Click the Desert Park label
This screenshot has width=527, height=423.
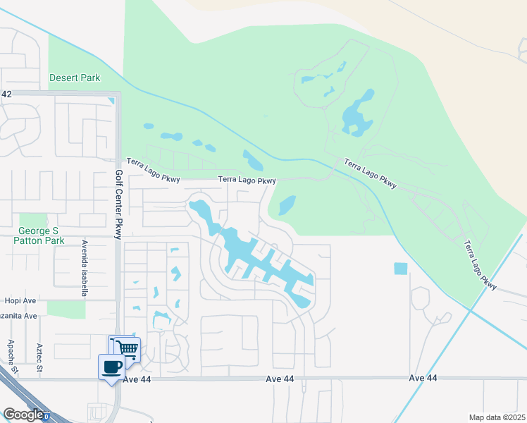(x=75, y=78)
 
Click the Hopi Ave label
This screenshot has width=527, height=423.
(x=20, y=300)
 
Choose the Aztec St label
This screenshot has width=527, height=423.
(x=39, y=357)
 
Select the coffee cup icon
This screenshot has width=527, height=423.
(x=112, y=367)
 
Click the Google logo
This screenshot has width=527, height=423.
(x=23, y=415)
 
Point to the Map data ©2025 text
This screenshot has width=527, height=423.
(x=497, y=417)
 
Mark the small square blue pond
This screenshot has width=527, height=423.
(x=400, y=269)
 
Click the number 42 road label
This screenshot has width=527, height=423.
(x=7, y=94)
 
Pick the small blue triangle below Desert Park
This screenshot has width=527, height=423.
(x=111, y=101)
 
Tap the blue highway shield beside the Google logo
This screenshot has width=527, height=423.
(x=46, y=417)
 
